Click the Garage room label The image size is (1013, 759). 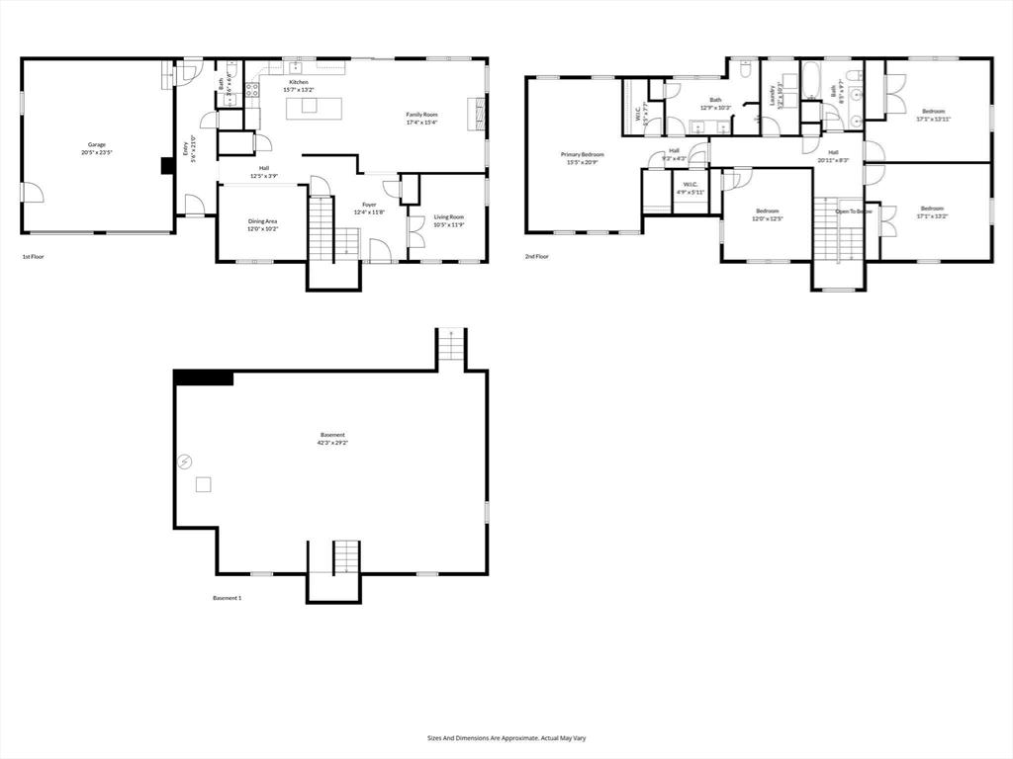tap(96, 148)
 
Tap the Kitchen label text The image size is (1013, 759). tap(299, 86)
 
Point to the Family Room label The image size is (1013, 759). tap(421, 119)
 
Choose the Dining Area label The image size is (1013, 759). tap(262, 224)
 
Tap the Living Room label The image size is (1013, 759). tap(449, 220)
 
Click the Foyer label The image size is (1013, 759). tap(369, 209)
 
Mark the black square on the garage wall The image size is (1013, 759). tap(167, 166)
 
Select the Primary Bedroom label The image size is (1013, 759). tap(582, 158)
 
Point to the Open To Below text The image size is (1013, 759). tap(854, 211)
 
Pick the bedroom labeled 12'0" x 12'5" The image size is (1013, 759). tap(767, 214)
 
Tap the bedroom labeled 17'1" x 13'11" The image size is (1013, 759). tap(934, 115)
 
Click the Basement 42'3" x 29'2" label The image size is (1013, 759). tap(332, 439)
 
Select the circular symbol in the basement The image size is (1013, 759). tap(184, 462)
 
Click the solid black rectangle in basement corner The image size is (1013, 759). tap(203, 378)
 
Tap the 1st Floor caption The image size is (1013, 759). tap(34, 257)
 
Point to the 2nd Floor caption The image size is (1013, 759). tap(537, 257)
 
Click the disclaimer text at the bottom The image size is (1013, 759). tap(506, 737)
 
